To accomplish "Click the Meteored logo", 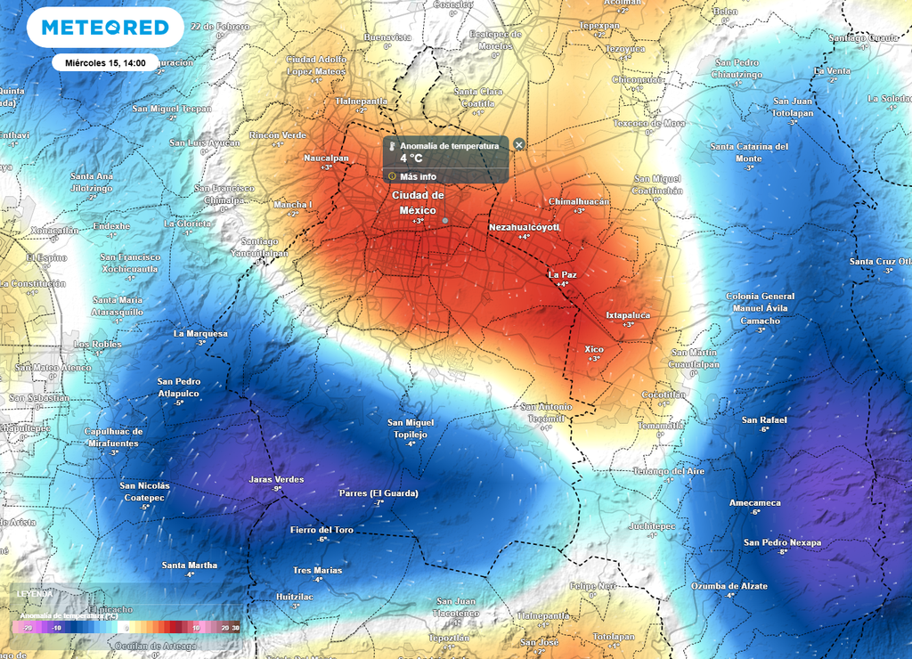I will [x=105, y=28].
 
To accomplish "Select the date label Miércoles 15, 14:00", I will [x=105, y=62].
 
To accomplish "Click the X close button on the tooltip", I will [x=519, y=144].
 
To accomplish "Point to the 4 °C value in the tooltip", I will [x=411, y=159].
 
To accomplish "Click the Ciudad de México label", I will [x=418, y=202].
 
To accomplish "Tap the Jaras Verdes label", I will [x=276, y=479].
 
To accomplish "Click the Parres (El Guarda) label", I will [x=379, y=493].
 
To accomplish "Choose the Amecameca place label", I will [x=754, y=503].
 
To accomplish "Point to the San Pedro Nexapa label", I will [x=782, y=542].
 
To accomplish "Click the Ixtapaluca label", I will [x=628, y=315].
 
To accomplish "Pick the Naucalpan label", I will [x=326, y=158].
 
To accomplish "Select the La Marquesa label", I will [x=200, y=334].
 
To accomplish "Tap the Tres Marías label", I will [x=317, y=570].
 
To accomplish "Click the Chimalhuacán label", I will [x=579, y=201].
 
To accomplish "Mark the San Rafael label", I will [x=764, y=419].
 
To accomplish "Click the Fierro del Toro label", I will [x=322, y=530].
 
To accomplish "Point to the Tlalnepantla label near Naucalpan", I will [x=361, y=102].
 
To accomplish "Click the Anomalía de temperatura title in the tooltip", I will [x=449, y=145].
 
